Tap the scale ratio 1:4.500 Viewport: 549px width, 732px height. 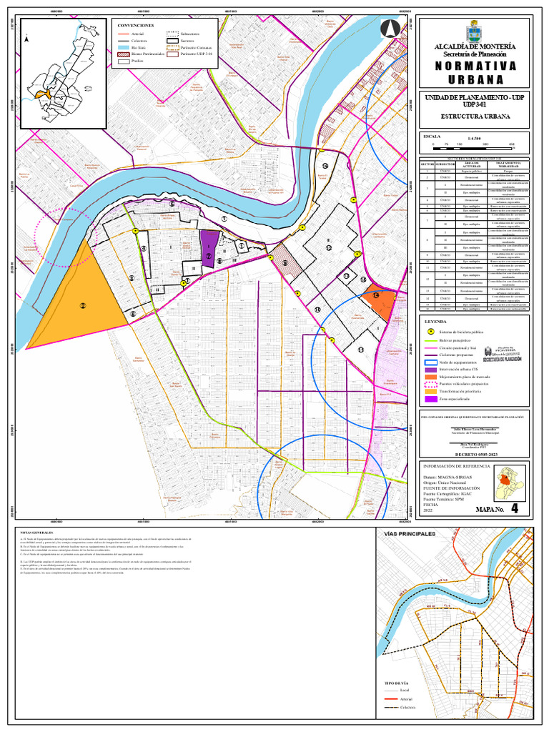point(474,138)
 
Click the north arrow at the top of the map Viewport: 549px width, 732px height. point(390,29)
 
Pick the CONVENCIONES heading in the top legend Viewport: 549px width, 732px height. point(136,25)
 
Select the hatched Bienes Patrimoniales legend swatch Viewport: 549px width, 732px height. point(122,54)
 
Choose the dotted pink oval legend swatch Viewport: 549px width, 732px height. point(430,384)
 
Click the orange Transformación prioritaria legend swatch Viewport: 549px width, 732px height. point(430,392)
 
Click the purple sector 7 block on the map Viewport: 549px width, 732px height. point(208,247)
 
